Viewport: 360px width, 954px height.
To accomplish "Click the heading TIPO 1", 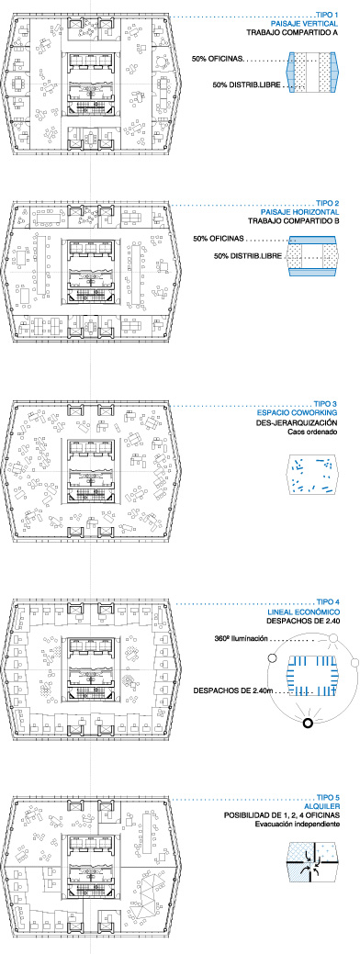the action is pos(327,14).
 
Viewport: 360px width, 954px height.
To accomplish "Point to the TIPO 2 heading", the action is pos(327,203).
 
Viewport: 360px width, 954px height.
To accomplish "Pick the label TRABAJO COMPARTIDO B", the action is pos(293,220).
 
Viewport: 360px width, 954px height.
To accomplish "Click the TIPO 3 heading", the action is pos(326,404).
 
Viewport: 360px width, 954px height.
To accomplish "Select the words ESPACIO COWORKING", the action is pos(300,413).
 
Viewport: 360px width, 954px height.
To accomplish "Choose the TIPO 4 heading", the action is pos(327,603).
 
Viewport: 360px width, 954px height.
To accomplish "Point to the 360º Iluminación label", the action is pos(242,639).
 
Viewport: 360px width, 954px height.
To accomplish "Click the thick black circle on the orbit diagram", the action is pos(308,723).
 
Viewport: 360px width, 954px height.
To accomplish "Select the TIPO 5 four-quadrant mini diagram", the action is pos(312,861).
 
